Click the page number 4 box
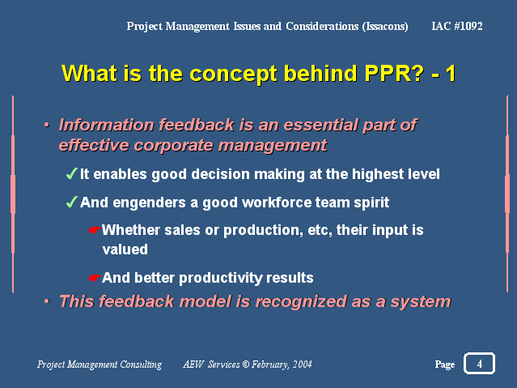click(x=479, y=363)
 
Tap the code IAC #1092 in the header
click(x=457, y=26)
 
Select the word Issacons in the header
click(x=385, y=27)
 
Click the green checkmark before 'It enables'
click(x=71, y=173)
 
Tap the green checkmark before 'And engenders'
click(x=71, y=202)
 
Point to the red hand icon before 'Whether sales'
click(x=95, y=230)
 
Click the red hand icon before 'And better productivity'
click(x=95, y=278)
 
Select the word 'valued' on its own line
click(x=125, y=249)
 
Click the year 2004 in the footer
click(x=303, y=365)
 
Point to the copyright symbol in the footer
click(x=246, y=365)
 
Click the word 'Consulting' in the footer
click(x=141, y=365)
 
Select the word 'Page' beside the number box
click(x=445, y=365)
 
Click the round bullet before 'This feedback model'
click(x=47, y=301)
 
